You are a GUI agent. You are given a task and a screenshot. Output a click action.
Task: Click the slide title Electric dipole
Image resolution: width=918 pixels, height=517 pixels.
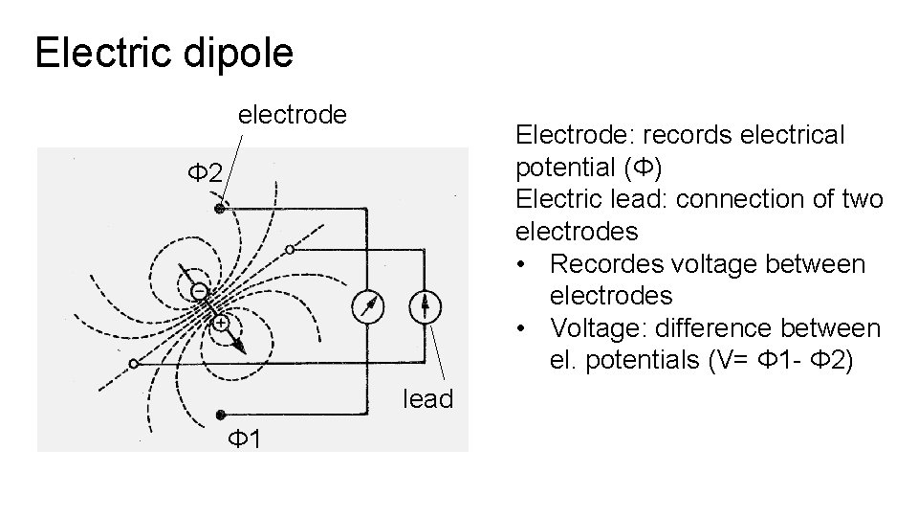pyautogui.click(x=164, y=54)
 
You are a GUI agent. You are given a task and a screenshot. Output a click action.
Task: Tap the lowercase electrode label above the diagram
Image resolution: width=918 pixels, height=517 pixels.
pyautogui.click(x=292, y=115)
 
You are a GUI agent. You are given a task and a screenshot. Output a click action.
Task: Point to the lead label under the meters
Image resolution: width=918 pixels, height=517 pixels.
pyautogui.click(x=427, y=398)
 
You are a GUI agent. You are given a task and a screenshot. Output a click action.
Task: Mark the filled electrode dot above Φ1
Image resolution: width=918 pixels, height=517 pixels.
pyautogui.click(x=220, y=415)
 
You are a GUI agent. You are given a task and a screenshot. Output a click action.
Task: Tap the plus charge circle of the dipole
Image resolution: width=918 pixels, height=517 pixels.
pyautogui.click(x=220, y=324)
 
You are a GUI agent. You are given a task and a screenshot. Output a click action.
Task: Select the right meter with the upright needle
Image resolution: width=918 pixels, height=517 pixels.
pyautogui.click(x=425, y=306)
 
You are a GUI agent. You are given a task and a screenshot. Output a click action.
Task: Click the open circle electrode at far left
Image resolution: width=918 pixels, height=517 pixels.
pyautogui.click(x=134, y=364)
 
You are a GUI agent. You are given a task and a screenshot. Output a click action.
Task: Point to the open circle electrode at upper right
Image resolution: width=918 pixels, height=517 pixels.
pyautogui.click(x=289, y=249)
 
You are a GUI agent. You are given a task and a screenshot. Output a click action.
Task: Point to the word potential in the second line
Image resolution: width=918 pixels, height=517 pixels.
pyautogui.click(x=564, y=168)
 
